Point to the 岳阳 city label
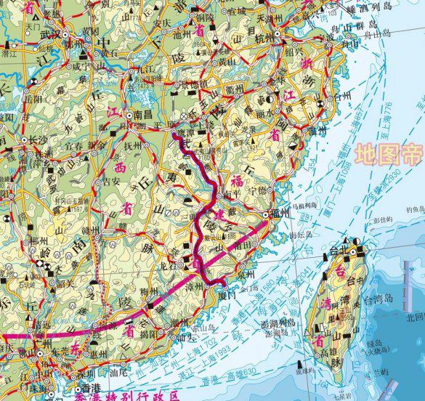[32, 94]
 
